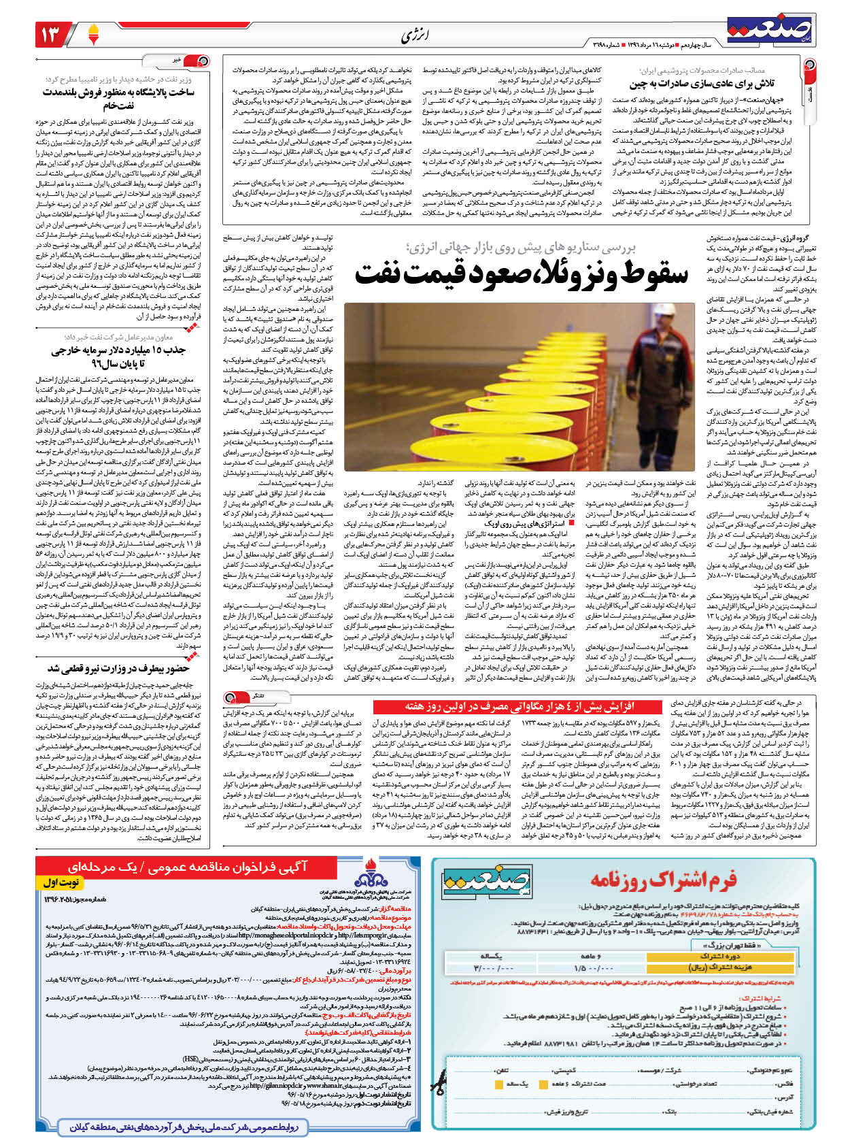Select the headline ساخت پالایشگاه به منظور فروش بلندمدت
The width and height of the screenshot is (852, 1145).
[x=118, y=92]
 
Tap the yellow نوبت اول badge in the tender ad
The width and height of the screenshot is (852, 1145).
[x=62, y=882]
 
